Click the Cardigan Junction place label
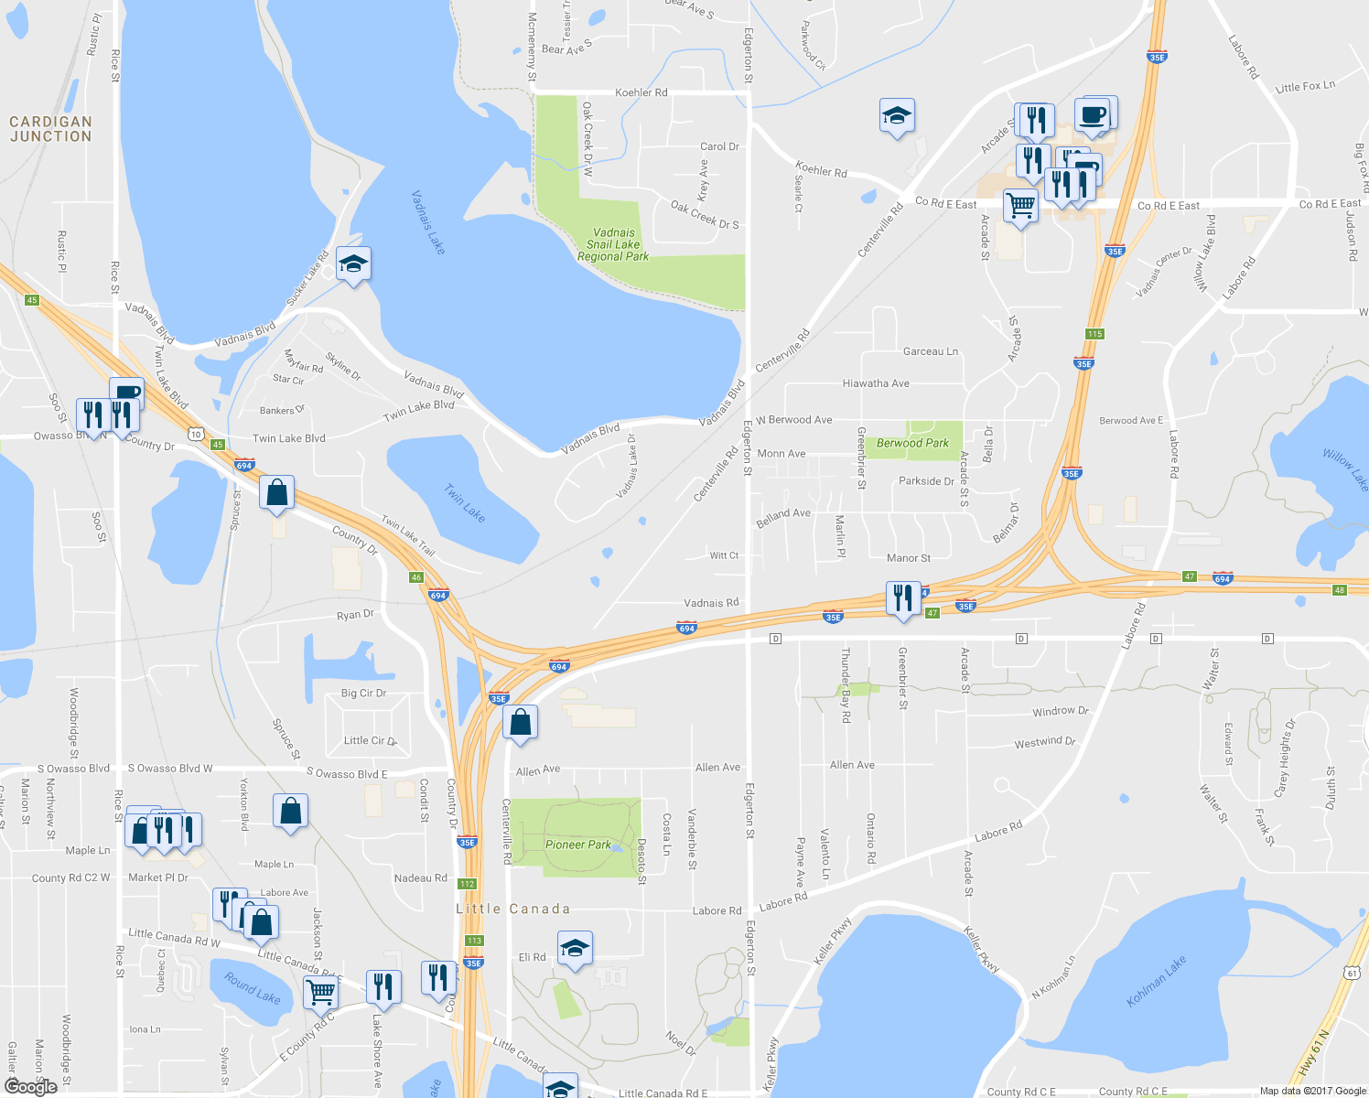(50, 129)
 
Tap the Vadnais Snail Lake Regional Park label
(613, 245)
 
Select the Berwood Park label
(912, 443)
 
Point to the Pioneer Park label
(577, 845)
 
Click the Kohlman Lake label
(1158, 982)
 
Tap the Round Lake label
(253, 989)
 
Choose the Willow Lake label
(1345, 468)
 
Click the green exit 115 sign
(1094, 334)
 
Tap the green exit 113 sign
(473, 941)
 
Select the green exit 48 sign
(1340, 590)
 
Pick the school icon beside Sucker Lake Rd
(353, 264)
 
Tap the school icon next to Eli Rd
(575, 949)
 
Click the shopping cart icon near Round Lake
(320, 991)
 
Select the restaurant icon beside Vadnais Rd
(903, 598)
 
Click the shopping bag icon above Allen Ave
(520, 723)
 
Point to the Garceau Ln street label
(930, 351)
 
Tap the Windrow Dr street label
(1060, 711)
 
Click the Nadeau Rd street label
(420, 878)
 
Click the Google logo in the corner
(31, 1086)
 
